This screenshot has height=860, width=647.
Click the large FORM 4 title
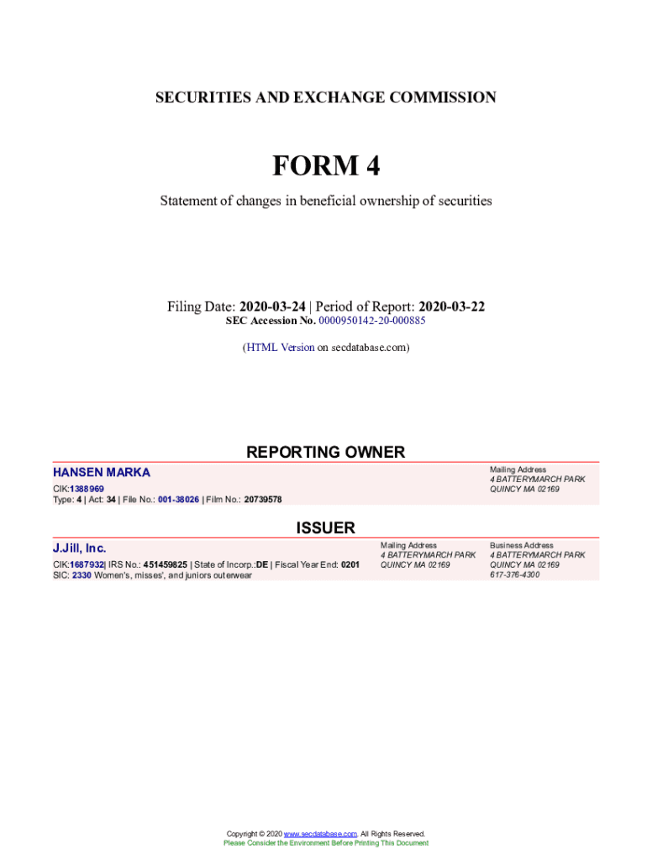coord(325,166)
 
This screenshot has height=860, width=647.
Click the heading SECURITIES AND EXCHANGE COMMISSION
coord(325,97)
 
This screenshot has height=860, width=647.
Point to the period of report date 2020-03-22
coord(451,307)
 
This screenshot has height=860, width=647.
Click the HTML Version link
coord(280,347)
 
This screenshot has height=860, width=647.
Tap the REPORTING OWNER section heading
coord(325,452)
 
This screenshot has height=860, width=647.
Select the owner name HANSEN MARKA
coord(102,473)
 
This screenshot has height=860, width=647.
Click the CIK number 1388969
coord(87,489)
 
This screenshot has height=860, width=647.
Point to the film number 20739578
coord(263,499)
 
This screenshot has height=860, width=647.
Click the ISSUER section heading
coord(325,527)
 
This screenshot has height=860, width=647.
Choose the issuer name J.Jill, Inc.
coord(80,548)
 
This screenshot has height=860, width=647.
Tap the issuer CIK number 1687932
coord(87,565)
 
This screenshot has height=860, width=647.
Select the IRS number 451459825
coord(166,565)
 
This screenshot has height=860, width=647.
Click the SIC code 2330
coord(82,575)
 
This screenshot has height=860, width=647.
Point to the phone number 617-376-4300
coord(515,574)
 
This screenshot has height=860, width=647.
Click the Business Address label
coord(522,545)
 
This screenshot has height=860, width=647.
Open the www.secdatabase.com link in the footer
coord(321,833)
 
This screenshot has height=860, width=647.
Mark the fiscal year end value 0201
coord(350,565)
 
